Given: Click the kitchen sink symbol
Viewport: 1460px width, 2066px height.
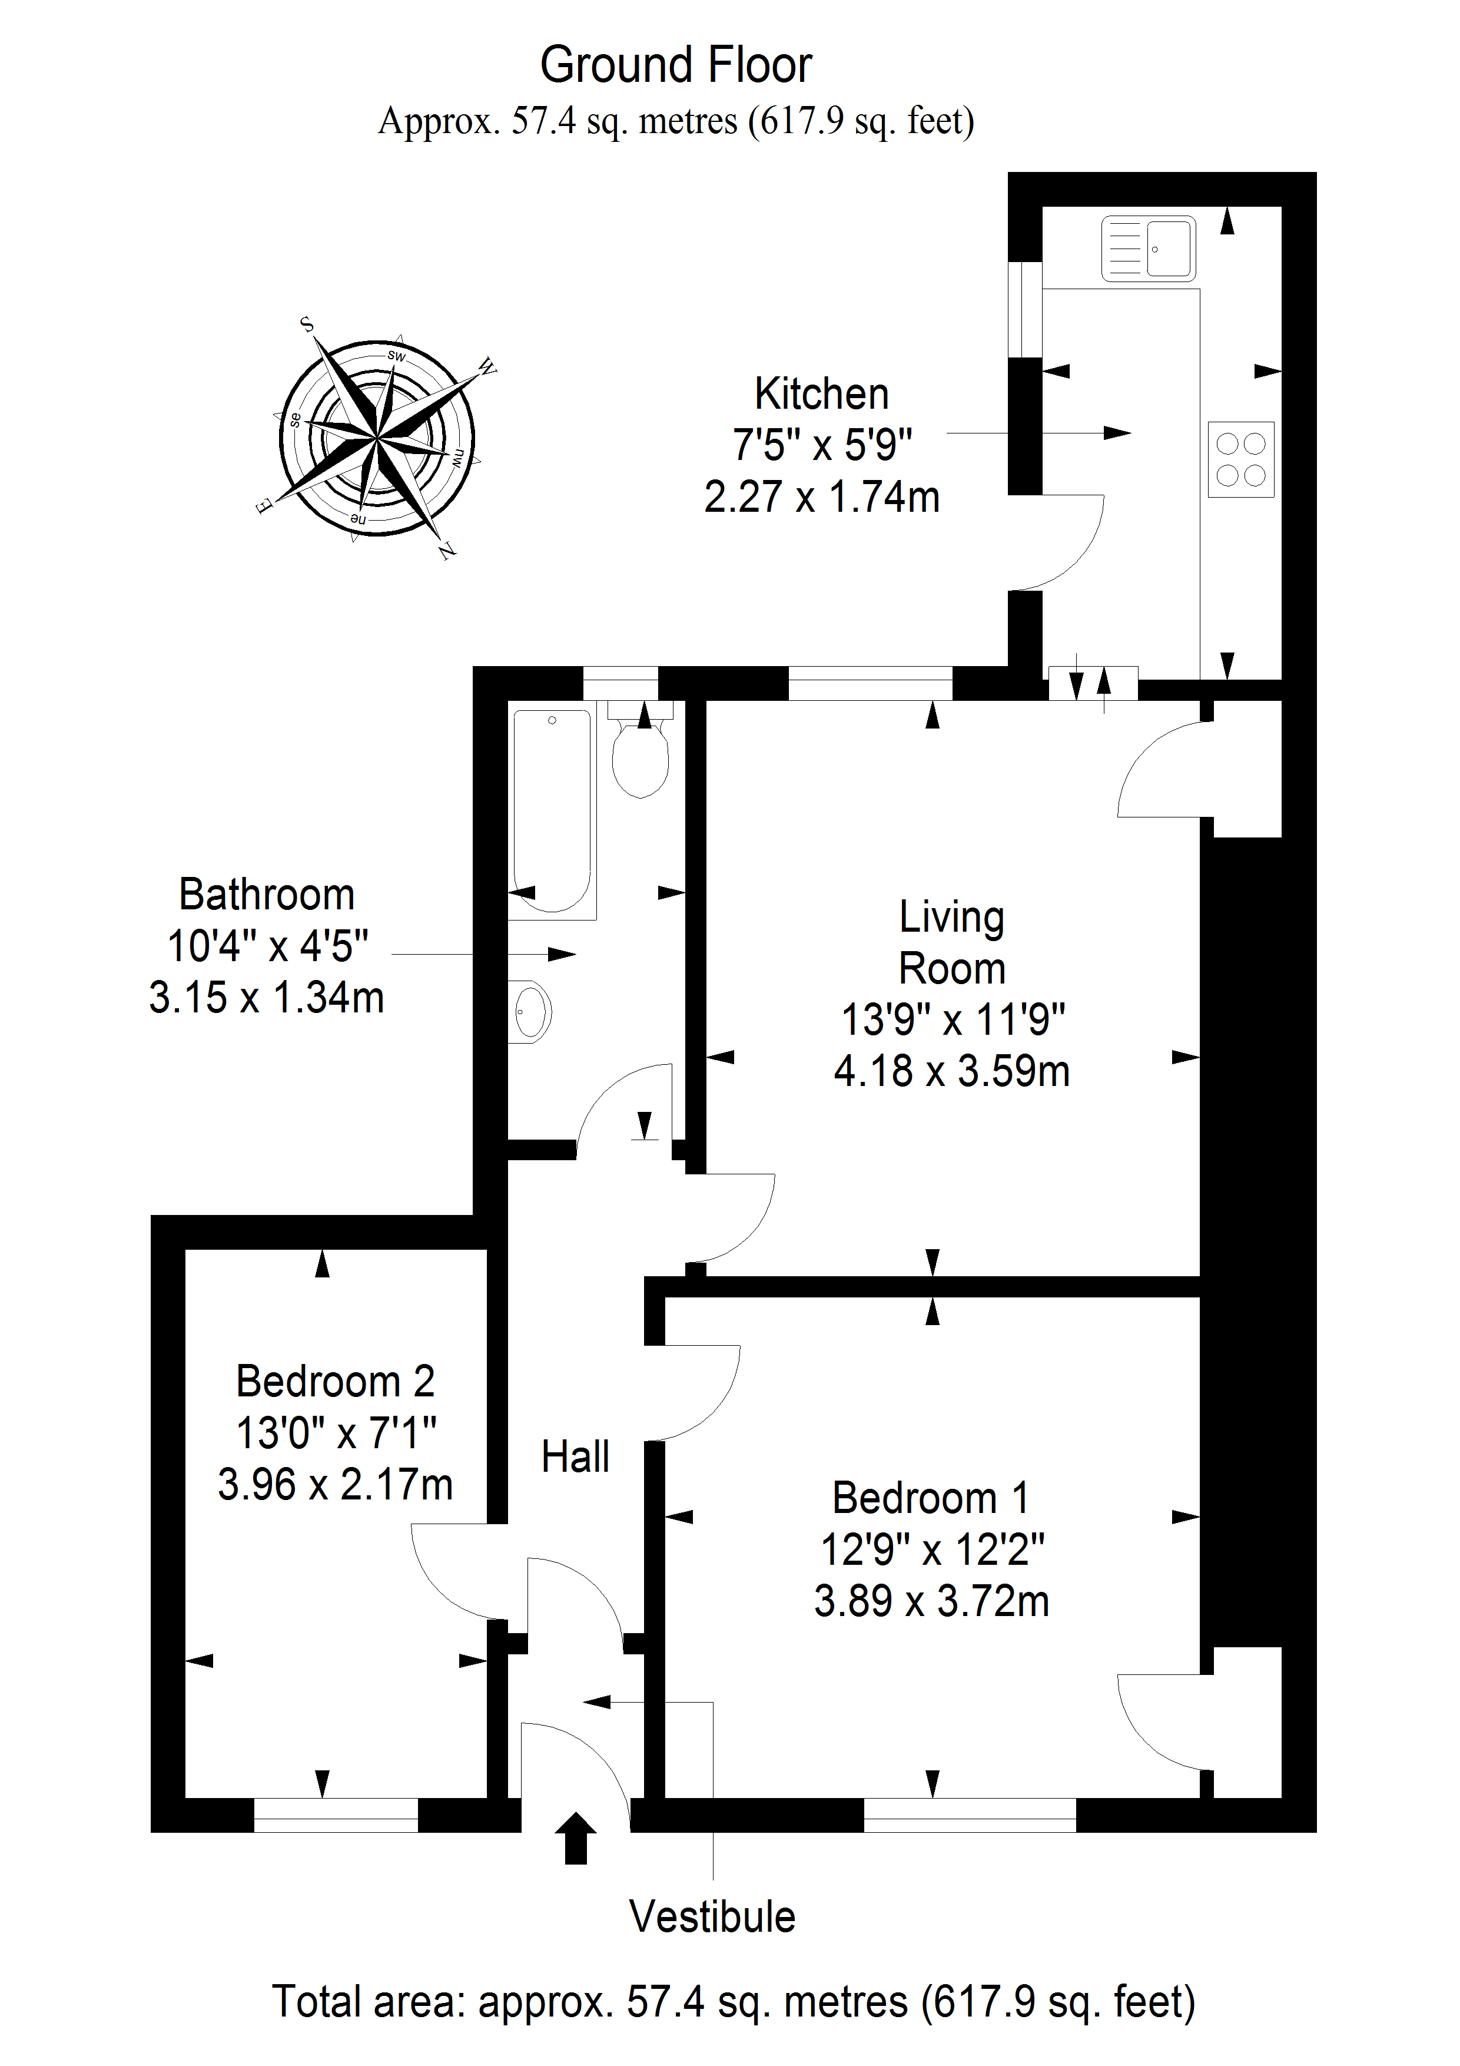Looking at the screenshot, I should [x=1149, y=249].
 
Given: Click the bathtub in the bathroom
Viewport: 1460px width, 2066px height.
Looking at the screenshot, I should [x=552, y=810].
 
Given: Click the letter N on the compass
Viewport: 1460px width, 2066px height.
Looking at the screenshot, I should [x=447, y=551].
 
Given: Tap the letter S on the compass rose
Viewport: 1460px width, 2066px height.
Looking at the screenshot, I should [x=306, y=324].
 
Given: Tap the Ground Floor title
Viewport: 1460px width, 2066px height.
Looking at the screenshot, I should [x=676, y=65].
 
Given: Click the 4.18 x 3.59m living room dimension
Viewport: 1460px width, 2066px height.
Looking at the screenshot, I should [x=952, y=1071].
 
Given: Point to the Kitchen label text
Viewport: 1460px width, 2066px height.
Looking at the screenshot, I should [x=821, y=394].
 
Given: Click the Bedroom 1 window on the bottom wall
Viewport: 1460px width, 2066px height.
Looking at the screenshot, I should [x=970, y=1815].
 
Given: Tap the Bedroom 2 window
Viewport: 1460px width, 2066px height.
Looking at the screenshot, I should [x=336, y=1815].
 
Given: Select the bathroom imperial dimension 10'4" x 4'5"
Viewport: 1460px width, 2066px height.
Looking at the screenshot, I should [x=267, y=946].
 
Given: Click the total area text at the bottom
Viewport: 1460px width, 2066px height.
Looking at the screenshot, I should [x=733, y=2002].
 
